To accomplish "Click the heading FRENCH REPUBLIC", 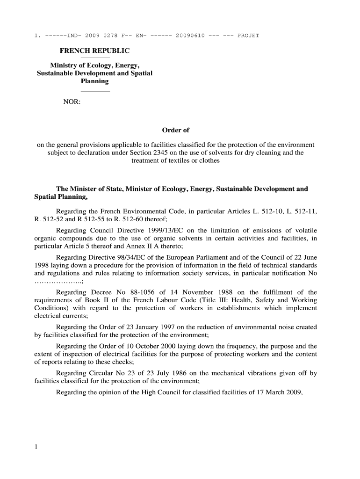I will coord(94,51).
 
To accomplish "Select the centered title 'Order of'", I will coord(175,130).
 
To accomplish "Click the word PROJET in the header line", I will coord(248,36).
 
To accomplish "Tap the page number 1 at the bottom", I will coord(36,447).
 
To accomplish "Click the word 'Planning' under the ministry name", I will coord(95,81).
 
